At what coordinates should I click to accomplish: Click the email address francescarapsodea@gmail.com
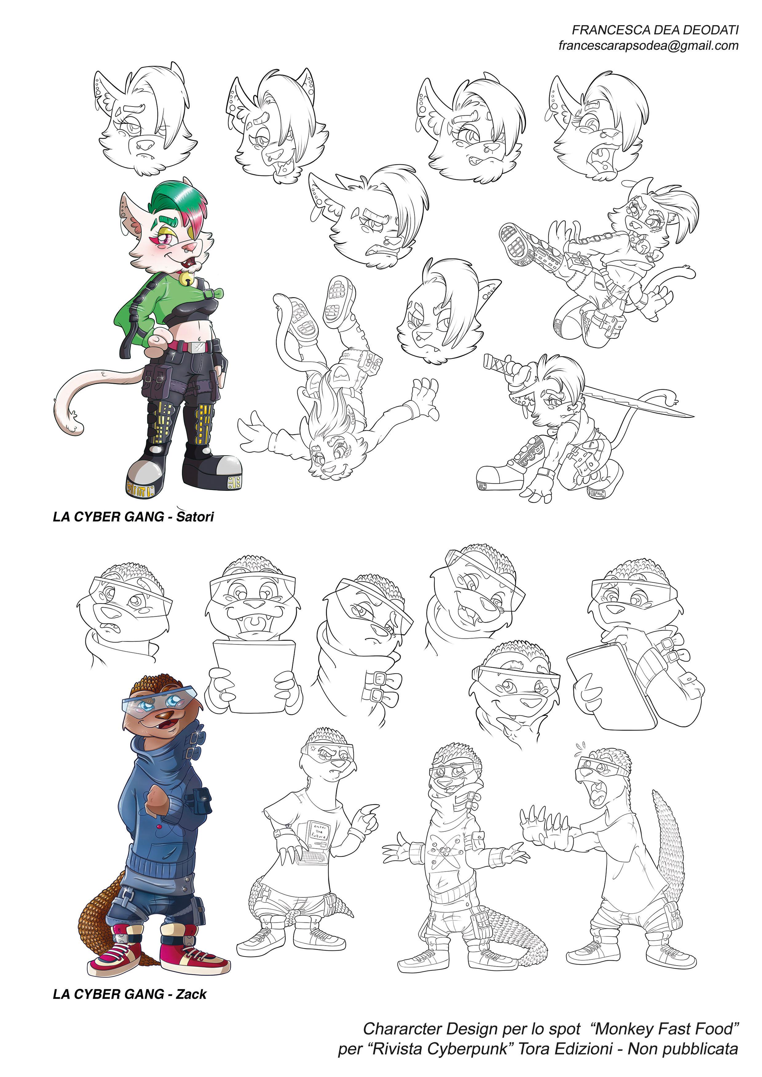click(648, 45)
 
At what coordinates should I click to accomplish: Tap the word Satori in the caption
click(195, 517)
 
